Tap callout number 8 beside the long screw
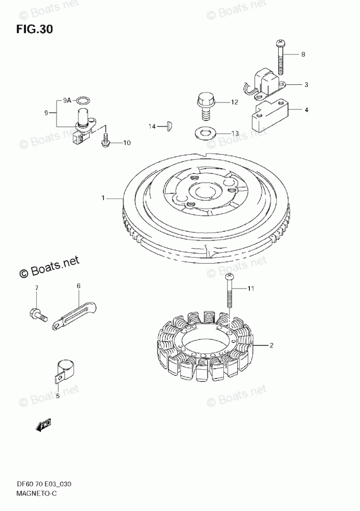tap(303, 54)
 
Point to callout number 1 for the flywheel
tap(103, 198)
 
